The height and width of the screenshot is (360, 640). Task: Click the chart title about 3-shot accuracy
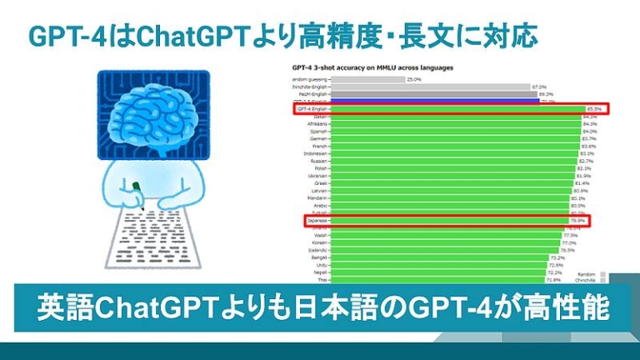coord(372,67)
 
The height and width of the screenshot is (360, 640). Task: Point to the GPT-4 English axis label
coord(314,109)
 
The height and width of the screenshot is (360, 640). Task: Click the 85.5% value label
coord(593,109)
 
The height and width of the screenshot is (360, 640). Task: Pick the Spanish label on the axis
coord(320,132)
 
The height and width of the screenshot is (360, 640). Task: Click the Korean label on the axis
coord(321,242)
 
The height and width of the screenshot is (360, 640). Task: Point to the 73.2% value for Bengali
coord(557,257)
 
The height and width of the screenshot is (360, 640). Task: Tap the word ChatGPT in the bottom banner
coord(157,307)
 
